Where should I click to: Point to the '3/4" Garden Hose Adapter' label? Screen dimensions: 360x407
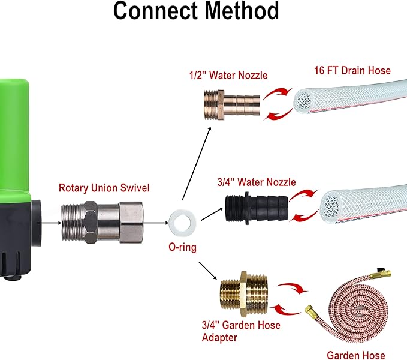coord(240,332)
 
